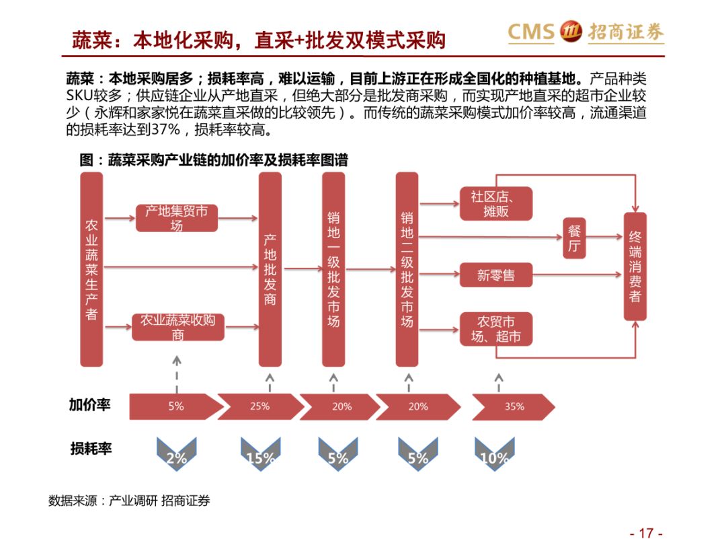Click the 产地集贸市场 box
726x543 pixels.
(177, 218)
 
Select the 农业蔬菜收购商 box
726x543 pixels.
(177, 327)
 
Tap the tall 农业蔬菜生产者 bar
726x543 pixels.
(91, 269)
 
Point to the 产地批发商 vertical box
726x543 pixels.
(270, 269)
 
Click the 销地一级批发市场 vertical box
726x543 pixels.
(333, 269)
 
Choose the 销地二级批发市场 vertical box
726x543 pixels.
(407, 269)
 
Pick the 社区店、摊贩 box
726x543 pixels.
(496, 204)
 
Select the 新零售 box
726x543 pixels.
(496, 275)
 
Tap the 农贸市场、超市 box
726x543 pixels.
(496, 329)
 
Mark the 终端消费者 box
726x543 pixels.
(635, 266)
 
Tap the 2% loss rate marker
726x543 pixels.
(176, 454)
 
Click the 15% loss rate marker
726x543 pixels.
(260, 454)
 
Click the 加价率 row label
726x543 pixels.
(90, 405)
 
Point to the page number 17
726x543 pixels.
(645, 533)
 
